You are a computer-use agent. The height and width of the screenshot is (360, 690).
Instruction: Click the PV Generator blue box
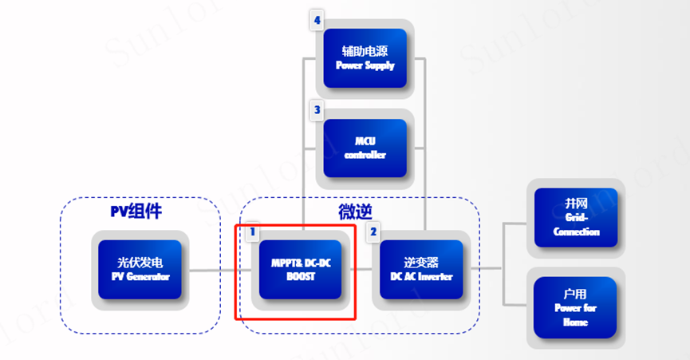tap(140, 270)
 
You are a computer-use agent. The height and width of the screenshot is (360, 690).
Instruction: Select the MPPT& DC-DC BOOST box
tap(301, 270)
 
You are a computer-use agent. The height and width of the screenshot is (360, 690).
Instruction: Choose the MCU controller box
tap(365, 148)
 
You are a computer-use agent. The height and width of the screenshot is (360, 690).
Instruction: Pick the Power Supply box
tap(365, 59)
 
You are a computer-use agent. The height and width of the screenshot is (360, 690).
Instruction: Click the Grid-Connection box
tap(576, 218)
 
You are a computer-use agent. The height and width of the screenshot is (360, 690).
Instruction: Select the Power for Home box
tap(576, 307)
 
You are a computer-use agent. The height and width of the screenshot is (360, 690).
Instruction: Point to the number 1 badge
tap(252, 232)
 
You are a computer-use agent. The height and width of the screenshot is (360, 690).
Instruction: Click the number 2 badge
tap(373, 232)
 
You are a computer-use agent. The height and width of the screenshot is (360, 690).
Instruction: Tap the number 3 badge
tap(317, 109)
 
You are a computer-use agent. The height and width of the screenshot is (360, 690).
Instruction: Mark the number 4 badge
tap(317, 21)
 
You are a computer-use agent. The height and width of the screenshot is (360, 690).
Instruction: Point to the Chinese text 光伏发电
tap(140, 262)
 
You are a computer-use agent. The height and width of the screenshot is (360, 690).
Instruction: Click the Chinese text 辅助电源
tap(365, 50)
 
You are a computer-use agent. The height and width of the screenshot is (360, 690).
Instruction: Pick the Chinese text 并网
tap(576, 204)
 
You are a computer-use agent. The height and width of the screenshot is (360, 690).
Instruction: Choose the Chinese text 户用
tap(576, 293)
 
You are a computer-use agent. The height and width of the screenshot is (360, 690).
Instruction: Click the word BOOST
tap(301, 277)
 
